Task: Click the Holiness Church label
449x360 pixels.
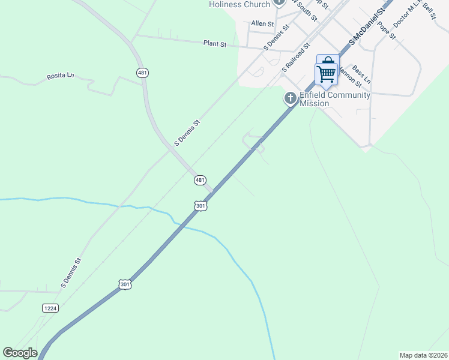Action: [x=240, y=4]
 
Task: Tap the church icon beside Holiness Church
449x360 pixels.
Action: [x=279, y=2]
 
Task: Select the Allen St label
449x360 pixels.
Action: [x=262, y=24]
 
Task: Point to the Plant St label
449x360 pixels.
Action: [x=214, y=43]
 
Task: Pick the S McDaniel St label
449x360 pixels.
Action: [x=367, y=27]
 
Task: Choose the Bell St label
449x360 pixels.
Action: [x=429, y=11]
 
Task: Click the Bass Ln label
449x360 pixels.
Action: [x=362, y=74]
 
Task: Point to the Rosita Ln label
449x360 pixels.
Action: [x=60, y=77]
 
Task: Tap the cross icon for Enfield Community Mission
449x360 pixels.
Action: [x=291, y=98]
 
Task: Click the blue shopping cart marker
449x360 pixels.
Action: [x=327, y=72]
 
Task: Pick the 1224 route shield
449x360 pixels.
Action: [x=50, y=308]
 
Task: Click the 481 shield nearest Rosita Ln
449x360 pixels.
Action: [x=142, y=73]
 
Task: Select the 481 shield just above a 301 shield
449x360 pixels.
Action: [x=200, y=180]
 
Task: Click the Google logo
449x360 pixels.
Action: [x=20, y=353]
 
